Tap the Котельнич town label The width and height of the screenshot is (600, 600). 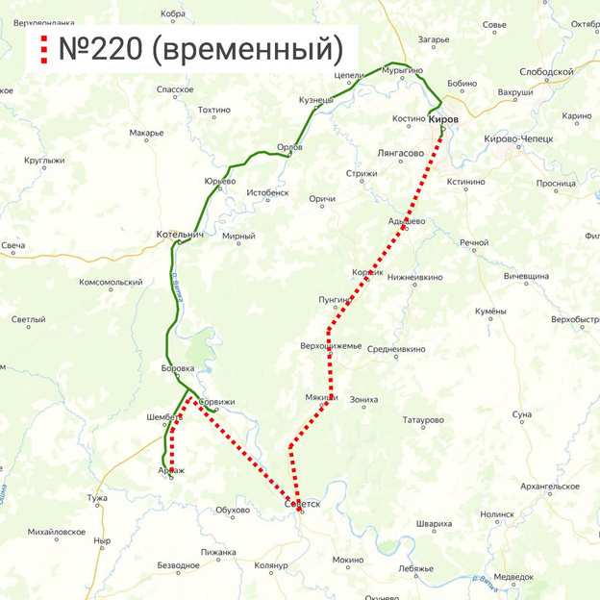tap(180, 235)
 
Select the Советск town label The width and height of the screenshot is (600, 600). tap(302, 503)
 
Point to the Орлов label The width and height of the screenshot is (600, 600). tap(289, 147)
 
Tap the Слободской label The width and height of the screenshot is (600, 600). tap(546, 72)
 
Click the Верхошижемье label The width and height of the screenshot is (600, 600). tap(331, 346)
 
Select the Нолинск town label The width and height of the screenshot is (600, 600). tap(497, 514)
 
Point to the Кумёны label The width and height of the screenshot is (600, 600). tap(490, 312)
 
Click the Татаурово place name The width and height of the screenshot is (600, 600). tap(423, 420)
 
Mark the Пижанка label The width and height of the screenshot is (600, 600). tap(218, 553)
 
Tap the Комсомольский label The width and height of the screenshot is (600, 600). tap(111, 282)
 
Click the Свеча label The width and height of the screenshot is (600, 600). tap(12, 246)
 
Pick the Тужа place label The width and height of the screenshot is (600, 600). tap(97, 498)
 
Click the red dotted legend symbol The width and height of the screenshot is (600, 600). tap(42, 49)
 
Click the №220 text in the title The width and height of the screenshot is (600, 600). tap(101, 48)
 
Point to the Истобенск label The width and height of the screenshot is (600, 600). tap(267, 192)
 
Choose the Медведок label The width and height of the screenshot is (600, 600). tap(513, 577)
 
